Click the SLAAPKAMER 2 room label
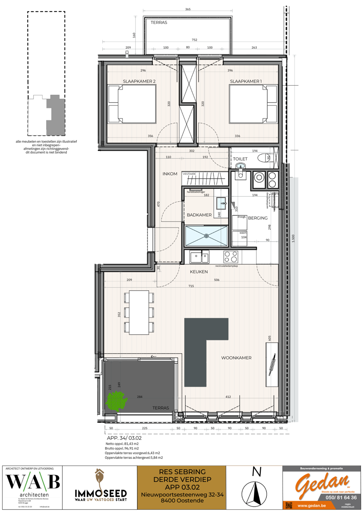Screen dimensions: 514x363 click(x=139, y=81)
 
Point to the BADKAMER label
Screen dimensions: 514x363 click(x=199, y=215)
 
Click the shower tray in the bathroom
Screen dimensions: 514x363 click(x=207, y=235)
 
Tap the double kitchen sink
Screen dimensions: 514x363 click(x=199, y=257)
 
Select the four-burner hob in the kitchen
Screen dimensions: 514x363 click(x=232, y=257)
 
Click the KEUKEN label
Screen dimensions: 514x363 click(x=199, y=272)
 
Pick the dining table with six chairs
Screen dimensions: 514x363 click(x=138, y=312)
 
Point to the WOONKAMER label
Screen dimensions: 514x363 click(x=236, y=358)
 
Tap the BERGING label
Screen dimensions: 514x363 click(x=258, y=218)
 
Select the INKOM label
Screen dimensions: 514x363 click(x=170, y=174)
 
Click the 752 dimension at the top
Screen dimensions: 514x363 click(x=194, y=40)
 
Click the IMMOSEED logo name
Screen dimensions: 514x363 click(x=99, y=493)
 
